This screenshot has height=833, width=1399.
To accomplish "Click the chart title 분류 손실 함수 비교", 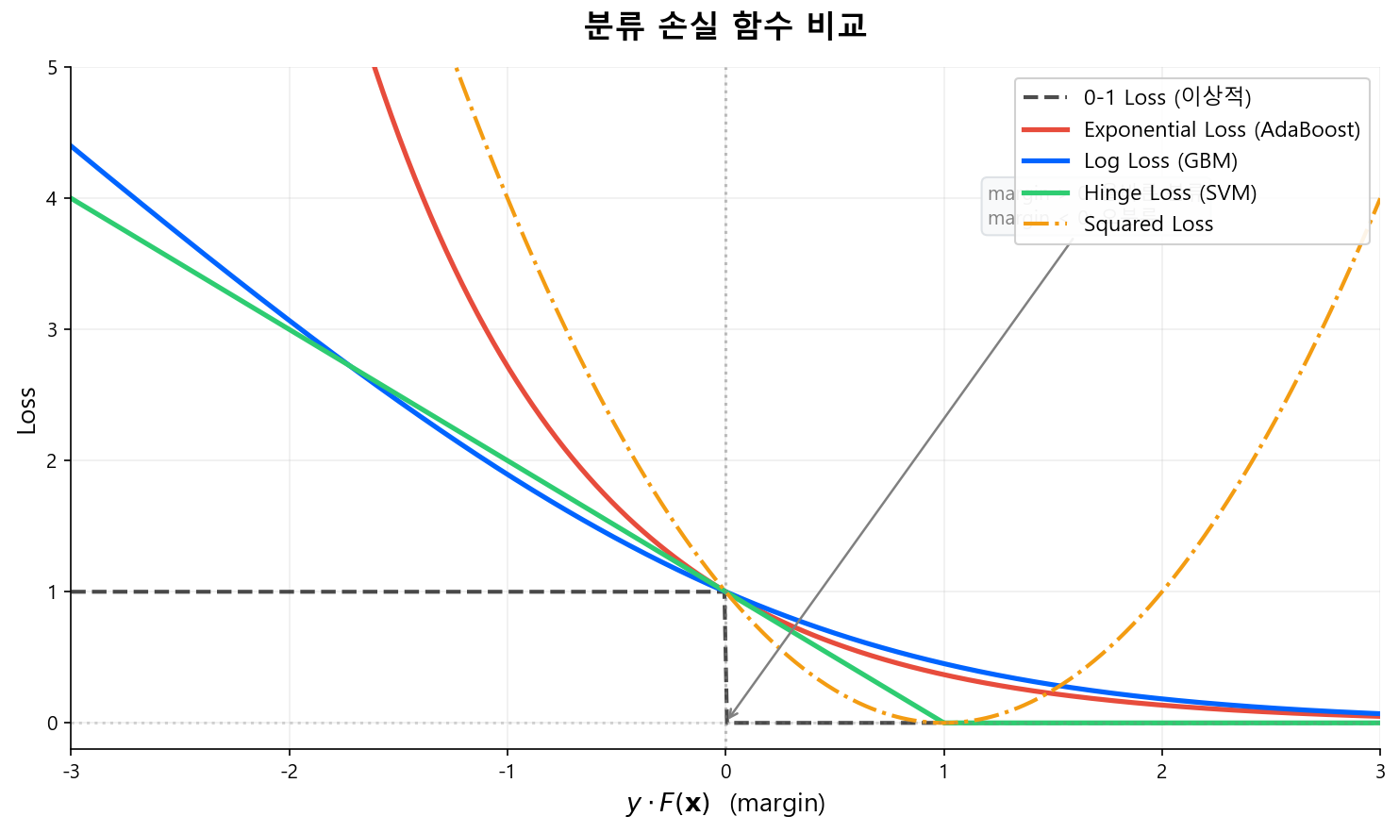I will coord(724,25).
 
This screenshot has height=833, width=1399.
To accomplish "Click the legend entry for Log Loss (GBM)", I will coord(1159,161).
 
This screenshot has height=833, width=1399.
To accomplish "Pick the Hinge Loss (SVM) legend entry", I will coord(1170,193).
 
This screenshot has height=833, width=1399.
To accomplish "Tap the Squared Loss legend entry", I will coord(1148,225).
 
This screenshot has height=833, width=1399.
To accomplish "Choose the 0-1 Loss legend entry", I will coord(1167,97).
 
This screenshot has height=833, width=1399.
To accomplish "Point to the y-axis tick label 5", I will coord(53,68).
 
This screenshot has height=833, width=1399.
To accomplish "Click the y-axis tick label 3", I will coord(53,330).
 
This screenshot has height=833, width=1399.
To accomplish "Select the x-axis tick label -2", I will coord(289,772).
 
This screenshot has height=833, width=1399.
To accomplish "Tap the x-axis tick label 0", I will coord(725,772).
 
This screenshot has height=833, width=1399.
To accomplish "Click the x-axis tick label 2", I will coord(1161,772).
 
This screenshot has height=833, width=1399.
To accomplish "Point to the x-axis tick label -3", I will coord(71,772).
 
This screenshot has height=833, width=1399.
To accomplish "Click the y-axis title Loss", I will coord(27,410).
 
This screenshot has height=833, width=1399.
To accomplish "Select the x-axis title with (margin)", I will coord(724,803).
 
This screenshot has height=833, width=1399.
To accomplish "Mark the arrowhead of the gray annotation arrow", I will coord(727,720).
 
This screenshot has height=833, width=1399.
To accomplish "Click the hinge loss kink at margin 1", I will coord(943,723).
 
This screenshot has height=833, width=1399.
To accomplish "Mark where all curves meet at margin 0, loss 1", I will coord(725,591).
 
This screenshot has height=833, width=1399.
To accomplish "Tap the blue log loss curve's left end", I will coord(73,146).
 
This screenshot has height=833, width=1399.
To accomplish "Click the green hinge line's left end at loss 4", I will coord(73,198).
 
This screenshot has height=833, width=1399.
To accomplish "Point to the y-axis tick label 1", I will coord(53,592).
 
